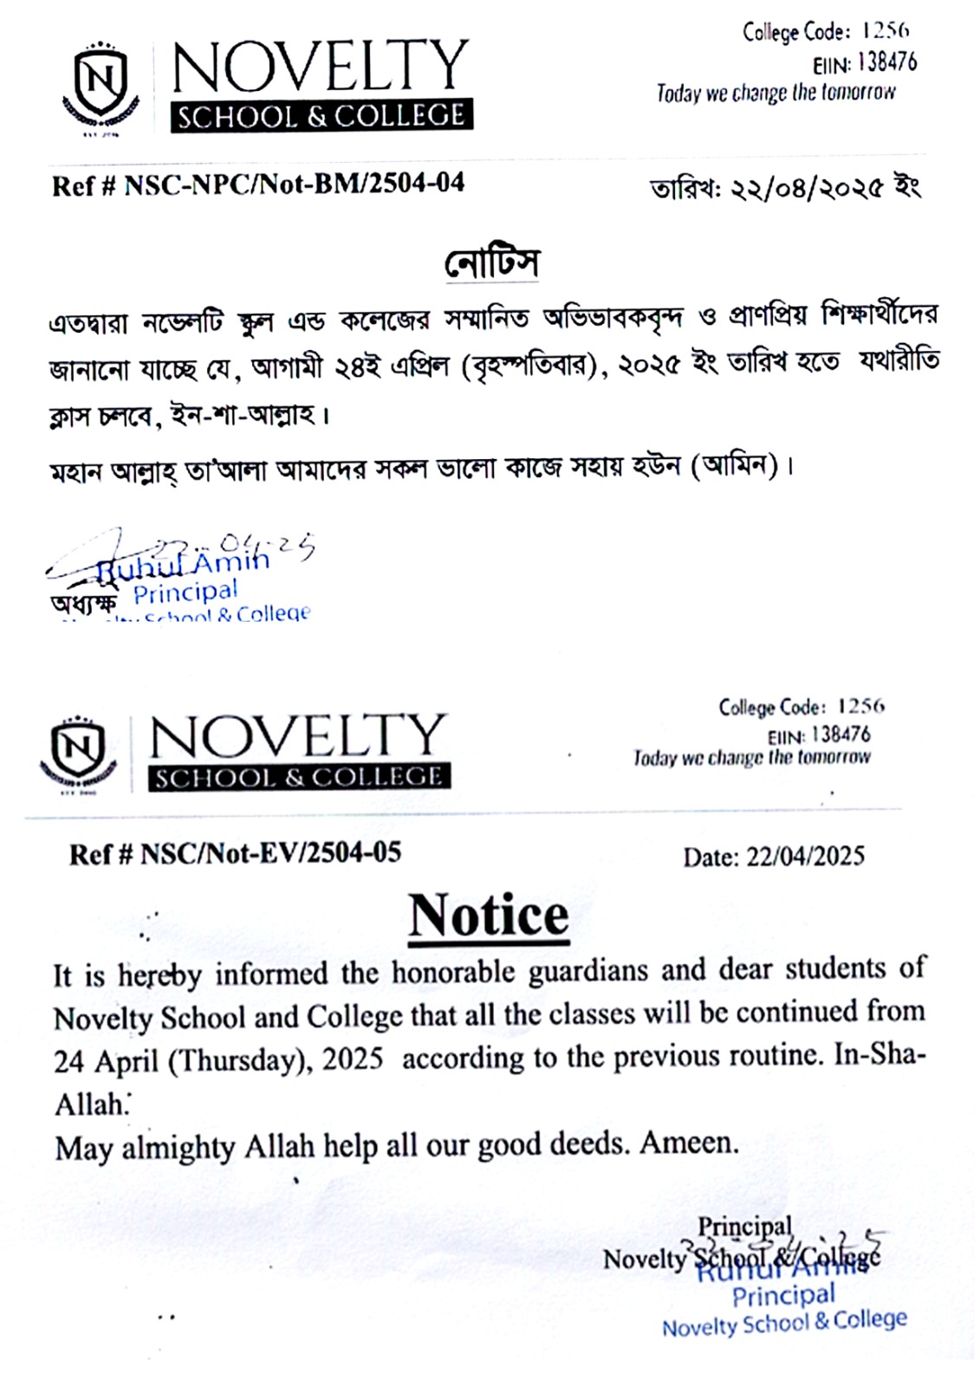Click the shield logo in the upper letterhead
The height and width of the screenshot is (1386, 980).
101,87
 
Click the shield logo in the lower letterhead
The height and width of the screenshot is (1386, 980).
78,750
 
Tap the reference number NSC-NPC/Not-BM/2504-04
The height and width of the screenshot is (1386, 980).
295,184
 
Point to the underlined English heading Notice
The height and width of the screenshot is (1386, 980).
489,916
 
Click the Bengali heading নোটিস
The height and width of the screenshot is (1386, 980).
491,263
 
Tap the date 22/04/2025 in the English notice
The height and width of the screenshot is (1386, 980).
805,857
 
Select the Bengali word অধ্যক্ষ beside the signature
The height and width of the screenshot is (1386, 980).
84,604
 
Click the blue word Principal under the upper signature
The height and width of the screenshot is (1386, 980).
185,593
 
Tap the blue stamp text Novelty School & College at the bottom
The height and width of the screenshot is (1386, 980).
784,1323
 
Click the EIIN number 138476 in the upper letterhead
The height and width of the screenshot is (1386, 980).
887,62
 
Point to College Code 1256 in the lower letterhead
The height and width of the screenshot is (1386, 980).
802,708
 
